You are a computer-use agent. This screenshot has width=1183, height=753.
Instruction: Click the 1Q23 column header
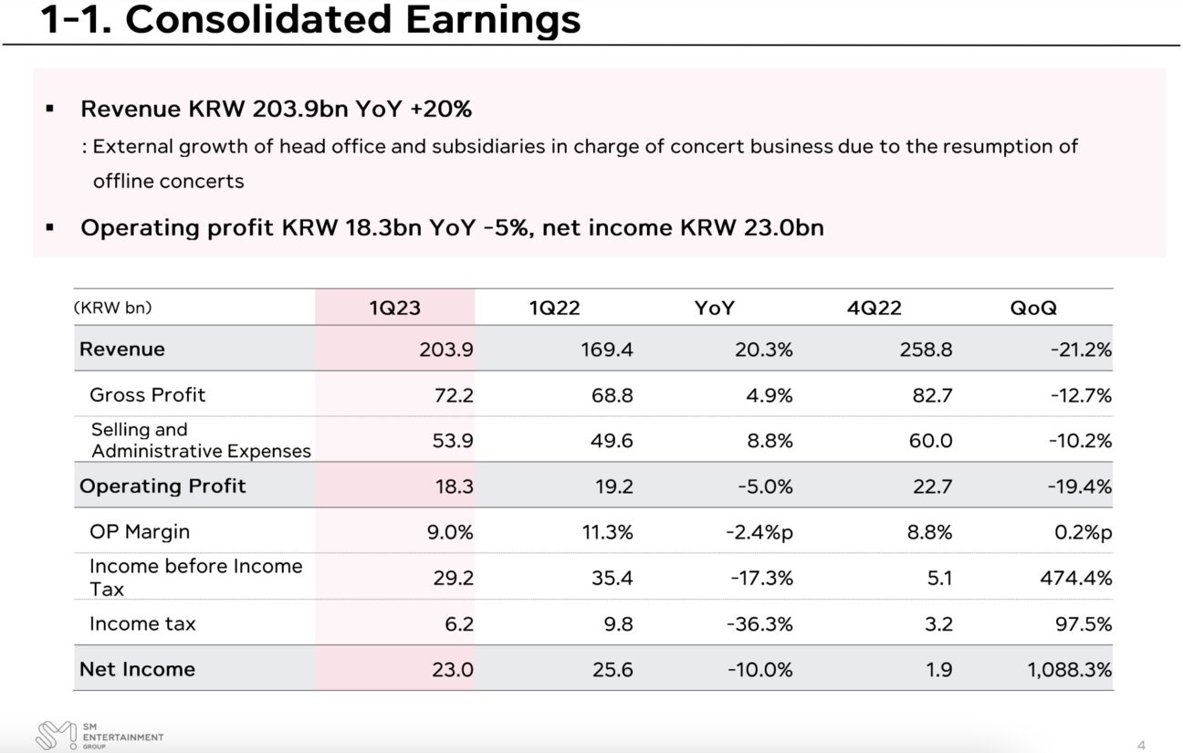pos(394,308)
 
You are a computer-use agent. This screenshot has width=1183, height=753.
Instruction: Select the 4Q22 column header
pos(874,308)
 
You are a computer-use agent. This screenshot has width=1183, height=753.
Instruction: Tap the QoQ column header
pos(1032,308)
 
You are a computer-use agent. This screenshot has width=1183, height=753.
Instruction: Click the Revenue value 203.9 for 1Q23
pos(446,349)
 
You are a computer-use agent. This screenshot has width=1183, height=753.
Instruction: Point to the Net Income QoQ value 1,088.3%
pos(1070,669)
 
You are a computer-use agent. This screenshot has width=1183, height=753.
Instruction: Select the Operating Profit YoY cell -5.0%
pos(763,486)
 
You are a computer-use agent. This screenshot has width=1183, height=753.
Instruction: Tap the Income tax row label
pos(142,623)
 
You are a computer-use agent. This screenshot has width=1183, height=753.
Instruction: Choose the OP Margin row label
pos(140,531)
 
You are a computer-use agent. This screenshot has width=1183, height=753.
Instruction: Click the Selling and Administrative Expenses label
pos(200,440)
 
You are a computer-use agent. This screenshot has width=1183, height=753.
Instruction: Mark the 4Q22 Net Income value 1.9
pos(938,669)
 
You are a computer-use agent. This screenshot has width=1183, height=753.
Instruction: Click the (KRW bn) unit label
pos(113,308)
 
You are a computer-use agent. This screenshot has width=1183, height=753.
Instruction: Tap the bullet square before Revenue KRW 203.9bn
pos(50,110)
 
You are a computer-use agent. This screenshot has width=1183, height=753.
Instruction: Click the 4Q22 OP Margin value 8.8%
pos(929,531)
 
